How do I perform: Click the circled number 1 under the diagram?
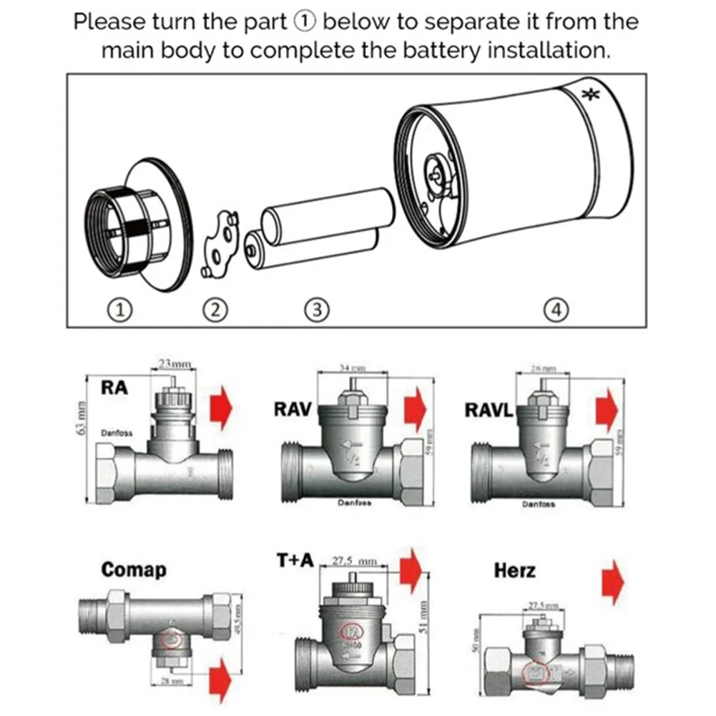click(x=121, y=309)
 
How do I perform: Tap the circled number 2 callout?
click(x=216, y=309)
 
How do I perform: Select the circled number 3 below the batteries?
click(x=316, y=309)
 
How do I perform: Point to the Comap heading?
click(x=134, y=570)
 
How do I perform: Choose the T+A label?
click(x=295, y=561)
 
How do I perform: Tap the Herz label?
click(x=514, y=570)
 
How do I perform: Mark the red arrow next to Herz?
click(x=613, y=581)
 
